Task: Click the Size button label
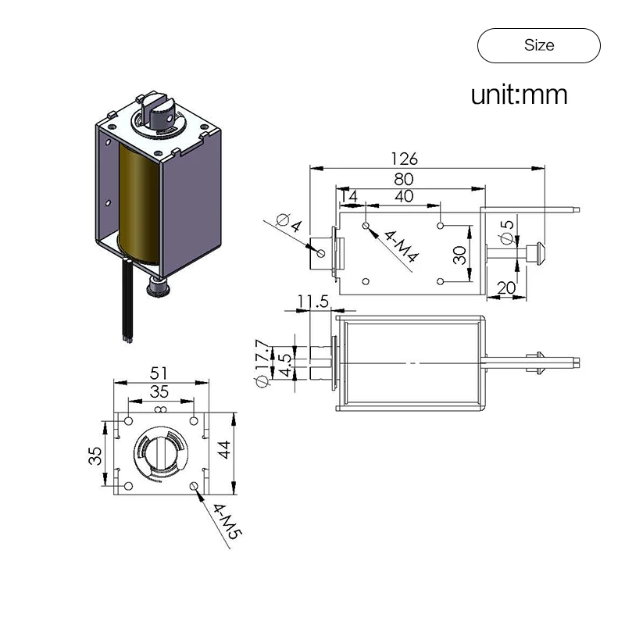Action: tap(539, 45)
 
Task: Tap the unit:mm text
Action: tap(519, 95)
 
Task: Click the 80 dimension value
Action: tap(404, 178)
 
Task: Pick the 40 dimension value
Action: tap(404, 196)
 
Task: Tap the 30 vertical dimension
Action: tap(459, 255)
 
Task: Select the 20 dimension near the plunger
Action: tap(506, 287)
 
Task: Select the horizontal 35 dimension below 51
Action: tap(160, 391)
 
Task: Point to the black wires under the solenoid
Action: tap(127, 305)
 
